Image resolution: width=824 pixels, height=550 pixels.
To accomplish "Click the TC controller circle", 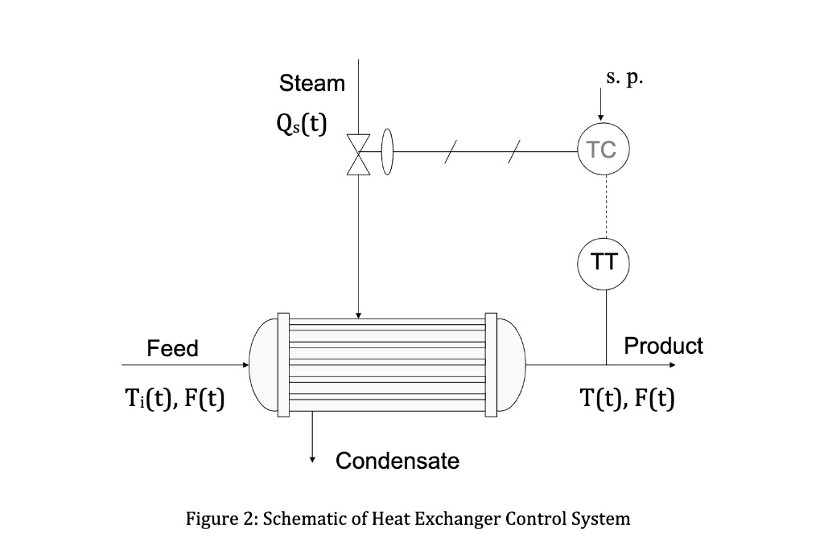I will point(603,150).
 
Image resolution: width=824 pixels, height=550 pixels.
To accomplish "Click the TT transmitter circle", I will point(604,262).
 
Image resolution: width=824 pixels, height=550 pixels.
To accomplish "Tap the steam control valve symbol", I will point(357,153).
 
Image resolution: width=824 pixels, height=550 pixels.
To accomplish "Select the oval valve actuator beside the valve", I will point(387,152).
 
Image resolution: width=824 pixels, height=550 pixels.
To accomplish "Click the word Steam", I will point(312,84).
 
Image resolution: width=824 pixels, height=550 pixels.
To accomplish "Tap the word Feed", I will point(172,348).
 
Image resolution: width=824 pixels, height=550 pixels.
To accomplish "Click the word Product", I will point(663,346).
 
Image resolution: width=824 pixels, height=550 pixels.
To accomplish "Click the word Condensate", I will point(398,461).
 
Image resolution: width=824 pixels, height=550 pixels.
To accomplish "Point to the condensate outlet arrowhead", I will point(312,459).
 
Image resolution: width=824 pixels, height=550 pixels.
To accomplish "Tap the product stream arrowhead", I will point(674,364).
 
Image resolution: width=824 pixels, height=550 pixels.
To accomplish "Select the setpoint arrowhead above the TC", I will point(600,120).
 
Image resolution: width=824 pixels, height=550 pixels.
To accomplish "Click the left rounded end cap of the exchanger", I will point(262,364).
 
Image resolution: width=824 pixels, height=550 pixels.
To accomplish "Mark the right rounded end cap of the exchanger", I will point(512,364).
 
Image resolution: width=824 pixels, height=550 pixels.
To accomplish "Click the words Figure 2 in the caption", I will point(218,519).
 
